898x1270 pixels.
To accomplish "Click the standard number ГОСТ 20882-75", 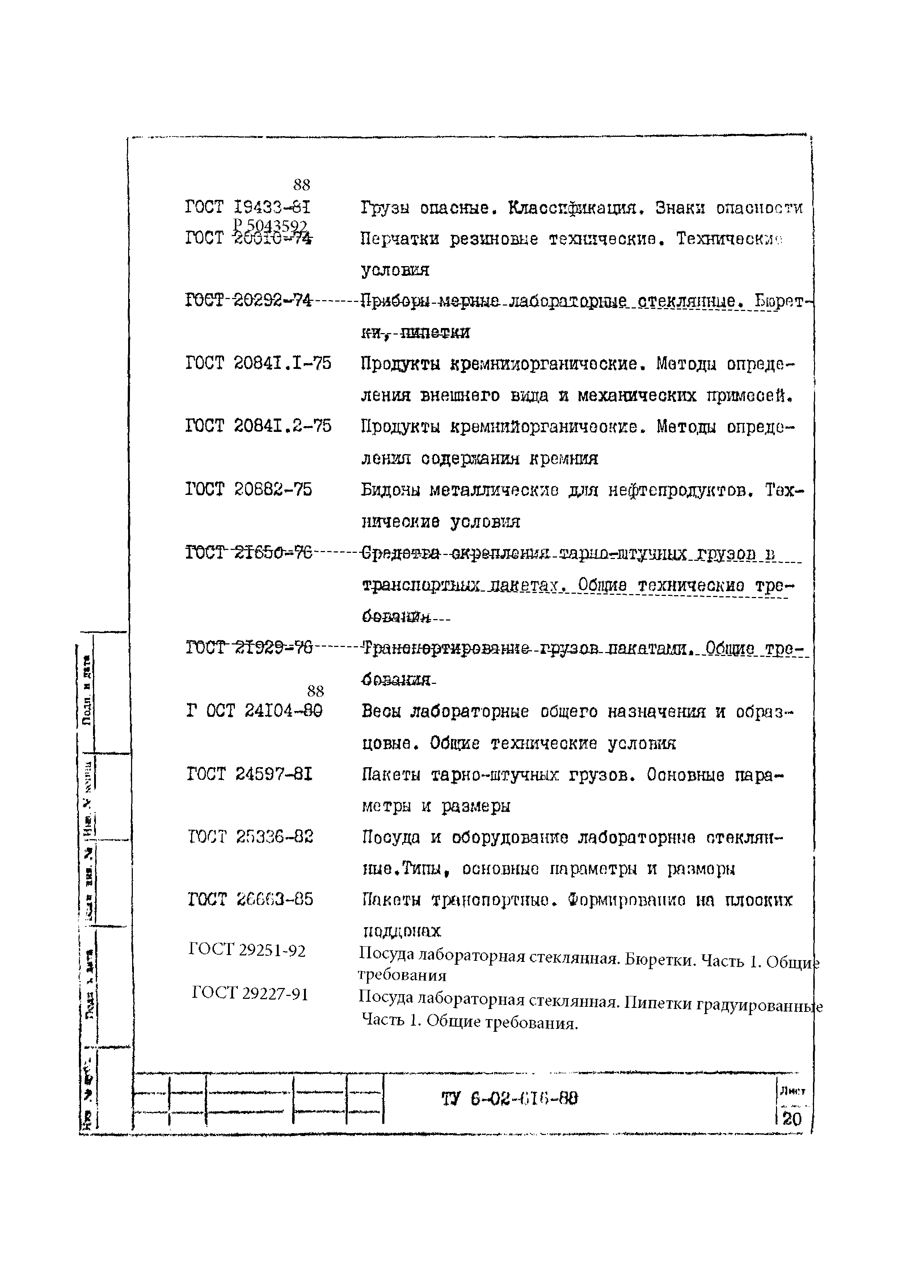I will tap(248, 489).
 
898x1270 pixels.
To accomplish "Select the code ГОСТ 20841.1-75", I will tap(258, 363).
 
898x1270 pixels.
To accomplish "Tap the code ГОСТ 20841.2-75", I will tap(258, 426).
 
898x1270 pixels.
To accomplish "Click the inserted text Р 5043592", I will tap(270, 226).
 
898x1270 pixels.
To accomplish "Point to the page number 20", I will tap(792, 1119).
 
